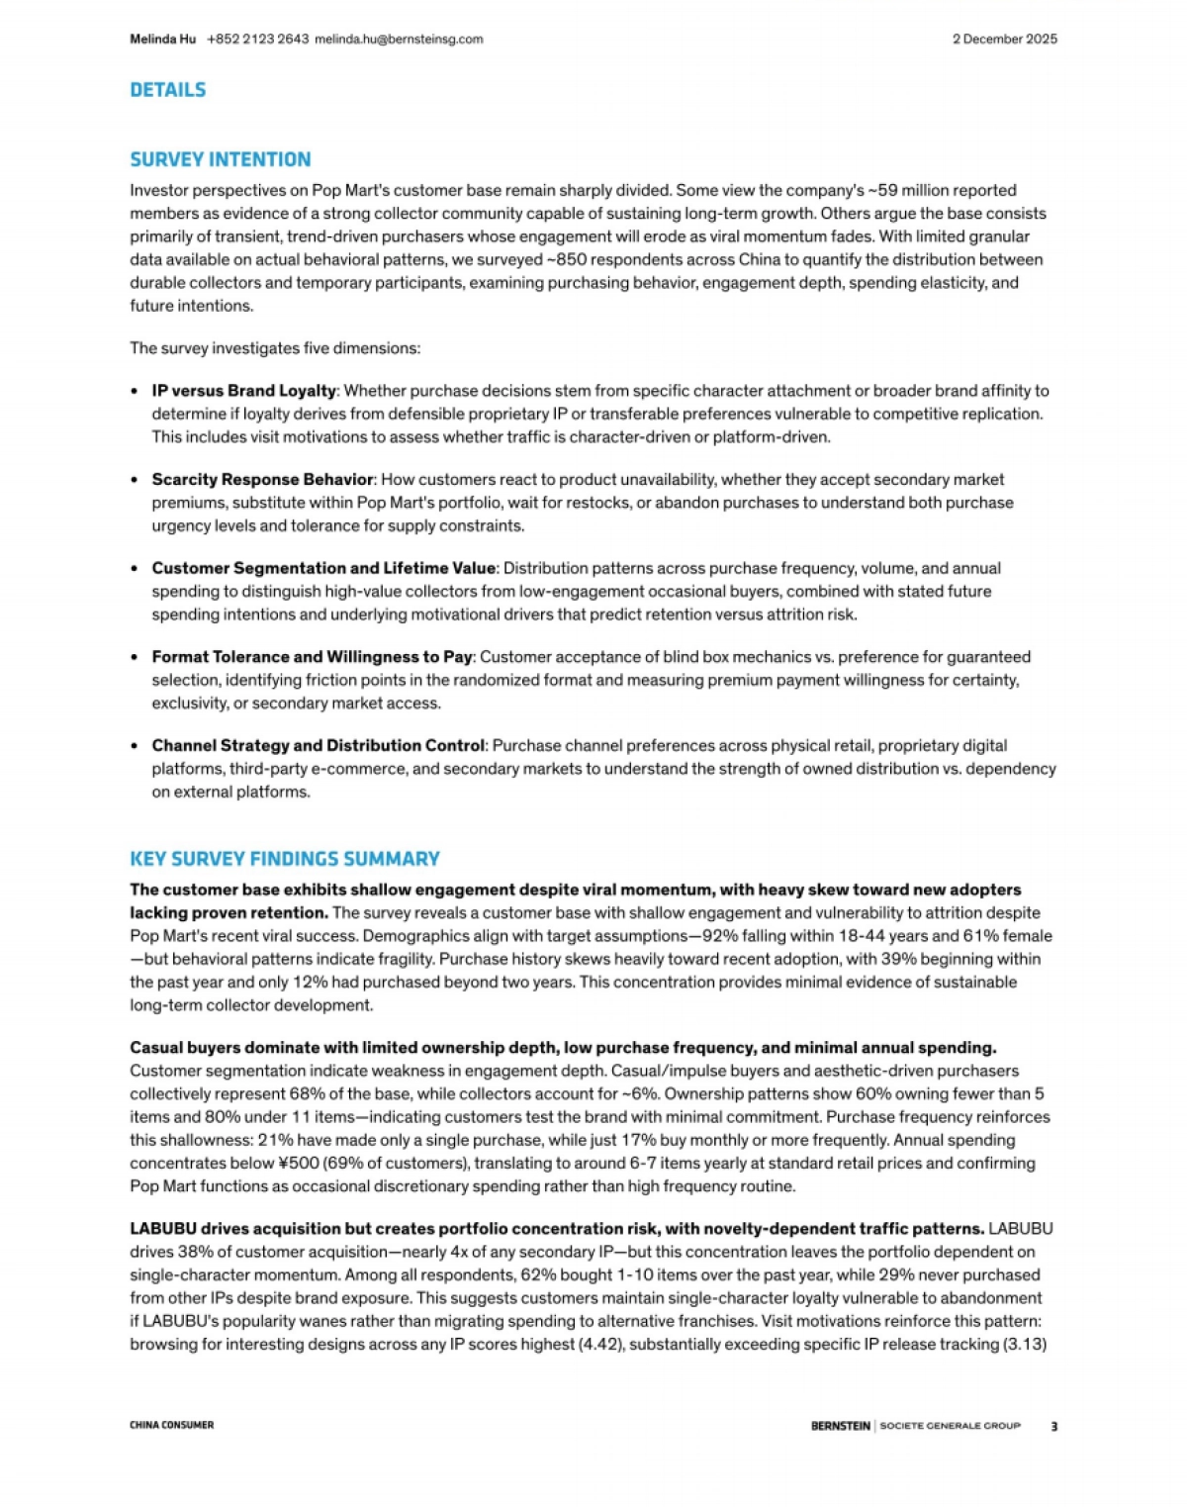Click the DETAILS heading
click(x=168, y=90)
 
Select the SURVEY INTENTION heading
click(x=220, y=159)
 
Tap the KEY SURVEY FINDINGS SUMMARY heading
click(x=285, y=859)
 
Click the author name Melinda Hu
click(x=162, y=40)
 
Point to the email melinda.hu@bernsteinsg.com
click(x=399, y=40)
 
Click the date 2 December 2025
click(x=1004, y=40)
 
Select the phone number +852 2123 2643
click(x=257, y=40)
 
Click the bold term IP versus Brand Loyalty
click(x=243, y=391)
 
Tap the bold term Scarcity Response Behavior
click(x=262, y=480)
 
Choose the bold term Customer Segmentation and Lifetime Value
click(x=323, y=568)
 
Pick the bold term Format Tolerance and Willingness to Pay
click(x=312, y=657)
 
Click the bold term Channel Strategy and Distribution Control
click(x=318, y=745)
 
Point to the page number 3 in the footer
click(x=1053, y=1426)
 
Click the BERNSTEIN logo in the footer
click(x=840, y=1426)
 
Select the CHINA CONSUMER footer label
click(x=171, y=1425)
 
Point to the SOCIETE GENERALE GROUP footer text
click(x=950, y=1426)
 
